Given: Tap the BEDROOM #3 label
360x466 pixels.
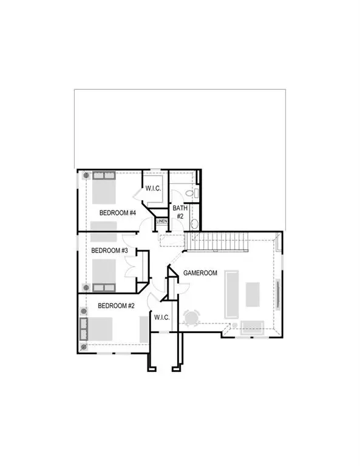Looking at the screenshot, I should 109,250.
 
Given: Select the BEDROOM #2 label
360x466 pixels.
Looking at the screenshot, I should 117,306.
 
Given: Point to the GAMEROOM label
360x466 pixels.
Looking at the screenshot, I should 200,273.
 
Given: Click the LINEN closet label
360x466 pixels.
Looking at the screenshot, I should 161,221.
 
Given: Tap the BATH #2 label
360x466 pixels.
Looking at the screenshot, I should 180,212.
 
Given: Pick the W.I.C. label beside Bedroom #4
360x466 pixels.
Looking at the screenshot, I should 153,189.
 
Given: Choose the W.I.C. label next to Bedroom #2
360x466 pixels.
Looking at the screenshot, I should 161,317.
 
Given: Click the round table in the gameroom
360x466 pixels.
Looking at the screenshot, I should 191,318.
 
